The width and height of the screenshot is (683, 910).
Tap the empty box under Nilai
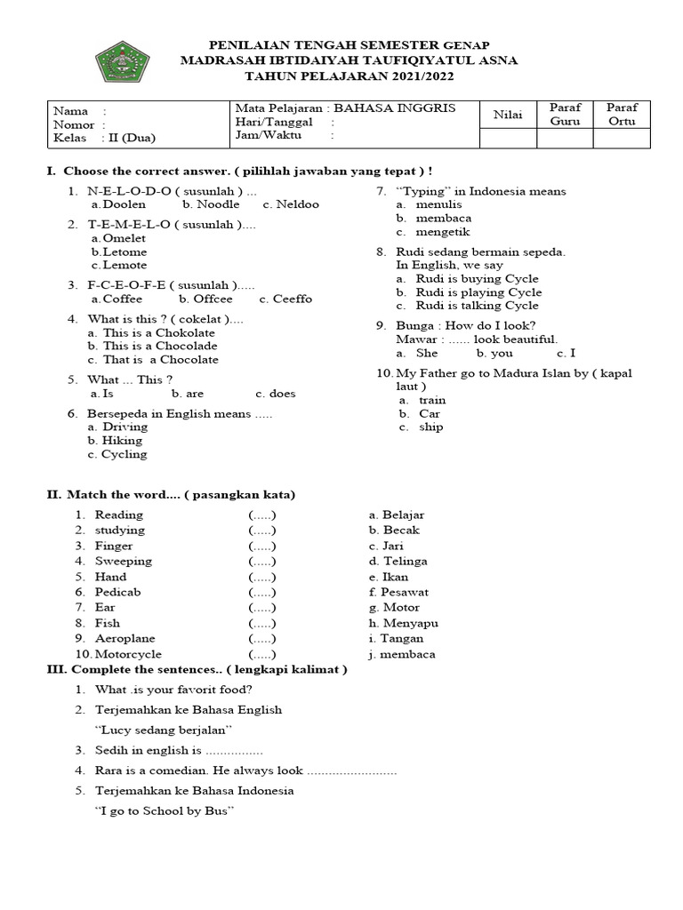[x=508, y=139]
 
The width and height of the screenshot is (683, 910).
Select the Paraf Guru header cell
[x=565, y=115]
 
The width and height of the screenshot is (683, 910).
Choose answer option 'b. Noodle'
[x=212, y=204]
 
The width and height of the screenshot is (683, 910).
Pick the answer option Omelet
[x=124, y=238]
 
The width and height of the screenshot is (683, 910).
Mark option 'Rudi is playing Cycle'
[x=478, y=292]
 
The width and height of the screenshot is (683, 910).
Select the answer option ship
[x=430, y=427]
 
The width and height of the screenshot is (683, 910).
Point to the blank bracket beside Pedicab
[x=262, y=592]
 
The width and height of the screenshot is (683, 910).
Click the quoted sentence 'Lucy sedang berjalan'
[x=163, y=730]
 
